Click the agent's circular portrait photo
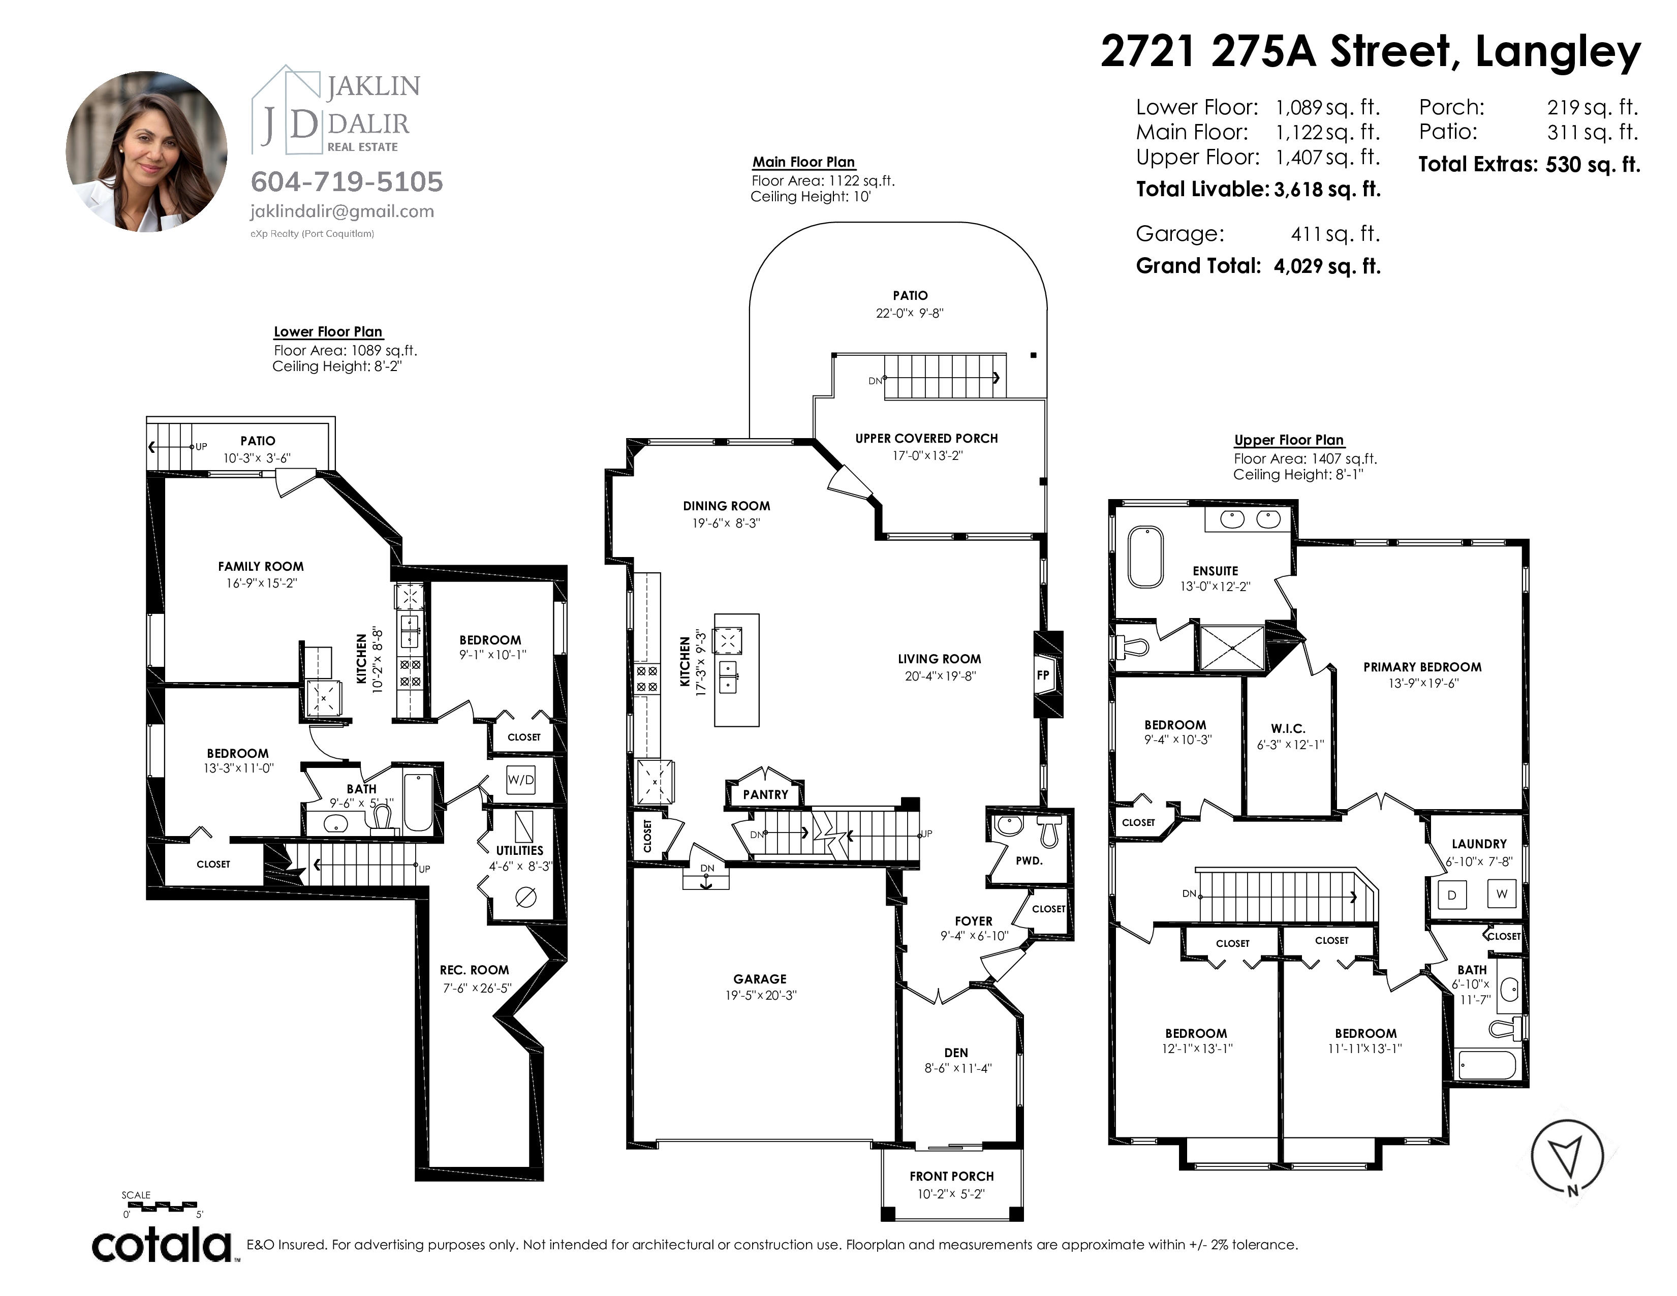(x=147, y=151)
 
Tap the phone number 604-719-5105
(x=347, y=182)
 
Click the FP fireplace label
(x=1043, y=675)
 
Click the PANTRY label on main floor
(x=765, y=795)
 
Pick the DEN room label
(x=956, y=1053)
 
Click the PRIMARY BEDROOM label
(x=1422, y=667)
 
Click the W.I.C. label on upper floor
(x=1288, y=729)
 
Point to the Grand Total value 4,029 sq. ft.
(x=1327, y=266)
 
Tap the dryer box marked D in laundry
(x=1451, y=895)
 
